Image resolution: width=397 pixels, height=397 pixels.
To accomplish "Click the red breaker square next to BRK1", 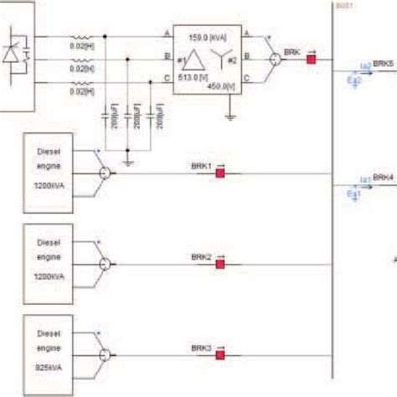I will click(x=222, y=173).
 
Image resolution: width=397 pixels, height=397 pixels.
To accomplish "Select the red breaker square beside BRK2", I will click(x=221, y=264).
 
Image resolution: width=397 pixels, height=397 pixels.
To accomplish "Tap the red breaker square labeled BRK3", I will click(x=221, y=355).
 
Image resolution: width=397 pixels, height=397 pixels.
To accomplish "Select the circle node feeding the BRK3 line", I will click(x=104, y=355).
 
